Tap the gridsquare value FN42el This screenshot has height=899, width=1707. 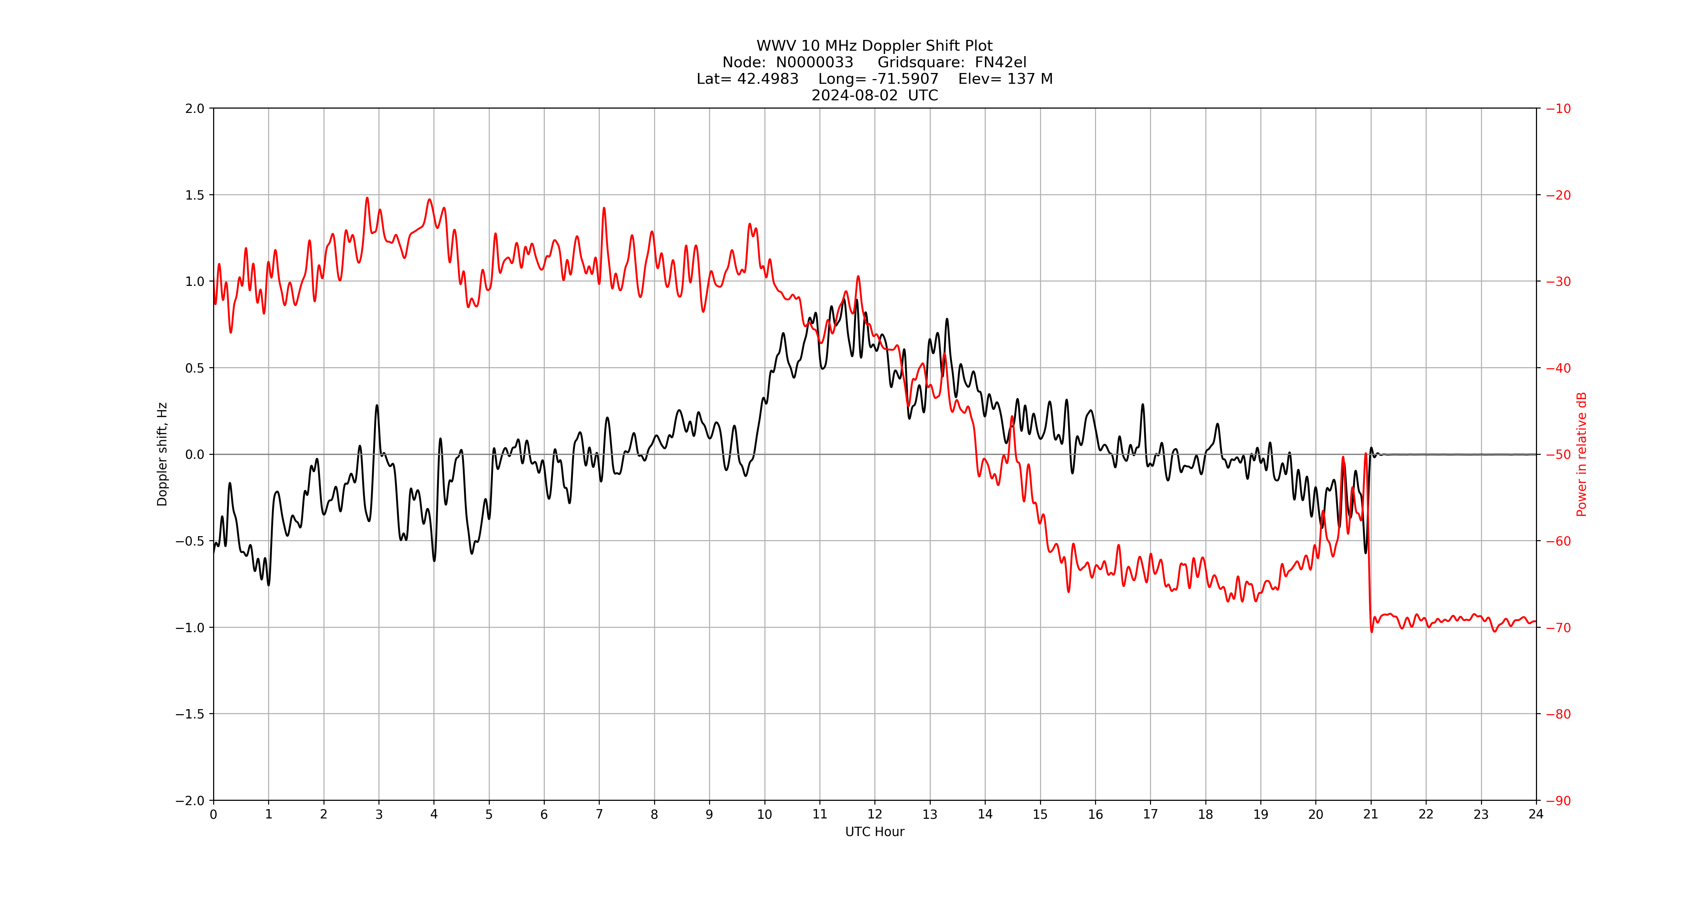coord(1000,62)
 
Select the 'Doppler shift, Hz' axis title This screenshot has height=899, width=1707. coord(162,454)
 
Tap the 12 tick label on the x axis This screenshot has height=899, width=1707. coord(875,814)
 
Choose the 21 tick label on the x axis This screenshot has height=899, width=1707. coord(1370,814)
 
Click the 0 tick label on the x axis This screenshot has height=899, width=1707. coord(213,814)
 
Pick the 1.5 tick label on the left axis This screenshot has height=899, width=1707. coord(195,195)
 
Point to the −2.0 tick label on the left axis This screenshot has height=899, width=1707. coord(190,800)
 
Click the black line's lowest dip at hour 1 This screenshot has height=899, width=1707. coord(268,585)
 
